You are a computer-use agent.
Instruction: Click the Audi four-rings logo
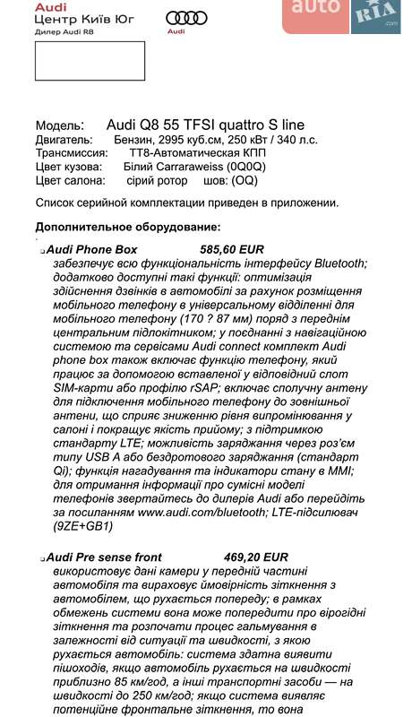coord(187,18)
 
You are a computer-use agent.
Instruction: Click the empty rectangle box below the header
coord(90,60)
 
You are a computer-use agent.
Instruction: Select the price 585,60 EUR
coord(232,248)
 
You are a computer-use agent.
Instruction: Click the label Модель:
coord(60,126)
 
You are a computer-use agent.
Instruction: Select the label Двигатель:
coord(64,140)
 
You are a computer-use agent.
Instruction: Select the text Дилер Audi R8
coord(64,30)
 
